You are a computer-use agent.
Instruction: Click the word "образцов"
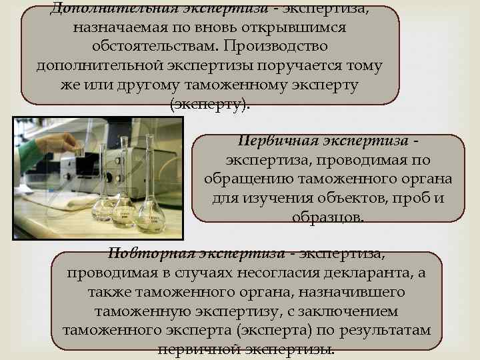[327, 218]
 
